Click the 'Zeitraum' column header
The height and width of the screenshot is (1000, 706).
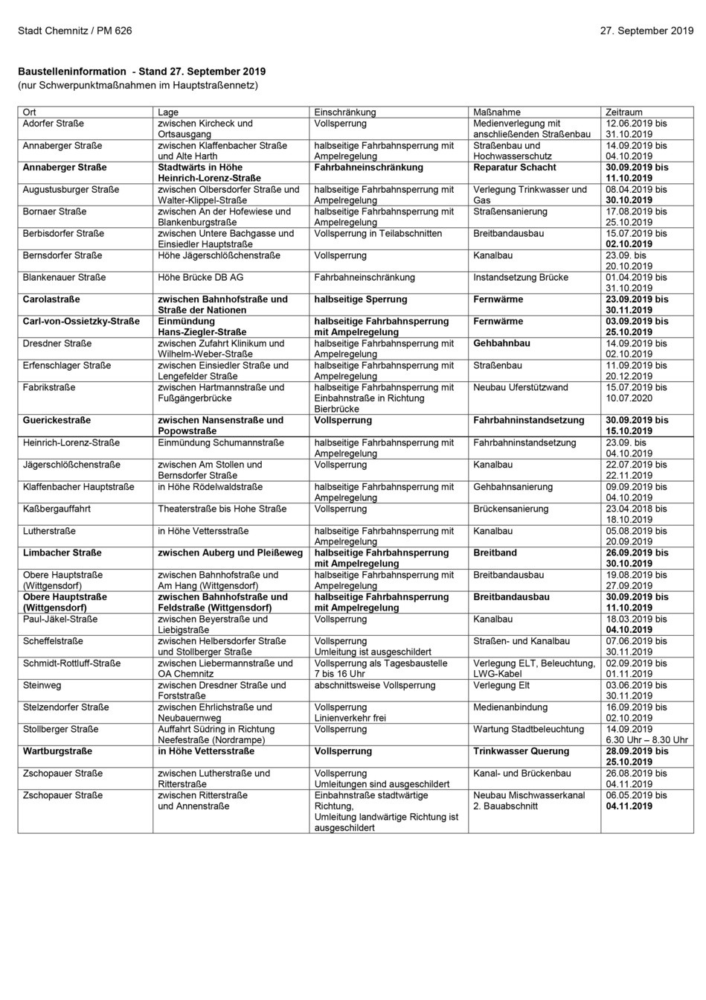tap(623, 112)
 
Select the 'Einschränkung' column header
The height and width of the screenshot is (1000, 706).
tap(344, 112)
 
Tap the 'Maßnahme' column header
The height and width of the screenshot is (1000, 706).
tap(496, 112)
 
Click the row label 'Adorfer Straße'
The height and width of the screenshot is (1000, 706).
tap(53, 124)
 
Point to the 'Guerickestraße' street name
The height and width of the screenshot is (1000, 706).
tap(57, 421)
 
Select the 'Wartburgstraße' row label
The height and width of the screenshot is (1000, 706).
tap(57, 751)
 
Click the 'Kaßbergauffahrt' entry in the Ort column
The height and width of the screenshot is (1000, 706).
tap(57, 509)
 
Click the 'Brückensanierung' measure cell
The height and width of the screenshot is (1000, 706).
tap(510, 509)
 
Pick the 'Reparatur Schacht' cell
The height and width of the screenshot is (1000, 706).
tap(514, 168)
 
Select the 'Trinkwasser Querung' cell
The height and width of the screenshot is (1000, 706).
tap(521, 751)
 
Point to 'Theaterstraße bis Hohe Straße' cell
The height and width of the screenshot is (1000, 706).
tap(222, 509)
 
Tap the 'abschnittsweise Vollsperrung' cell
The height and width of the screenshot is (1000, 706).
tap(374, 685)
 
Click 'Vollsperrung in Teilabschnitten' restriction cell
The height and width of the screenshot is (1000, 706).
tap(377, 234)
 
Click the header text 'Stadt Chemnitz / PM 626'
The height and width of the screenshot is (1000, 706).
tap(75, 31)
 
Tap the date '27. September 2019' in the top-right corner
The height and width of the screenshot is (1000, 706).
tap(646, 31)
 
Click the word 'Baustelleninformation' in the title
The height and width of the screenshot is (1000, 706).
tap(72, 71)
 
